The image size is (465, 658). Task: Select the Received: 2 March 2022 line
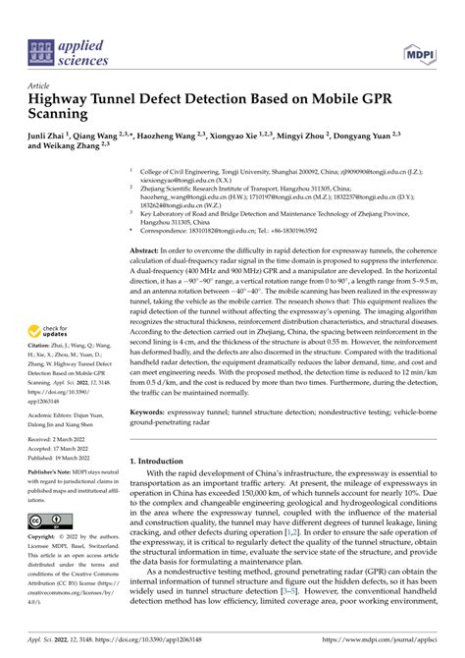pos(63,440)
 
